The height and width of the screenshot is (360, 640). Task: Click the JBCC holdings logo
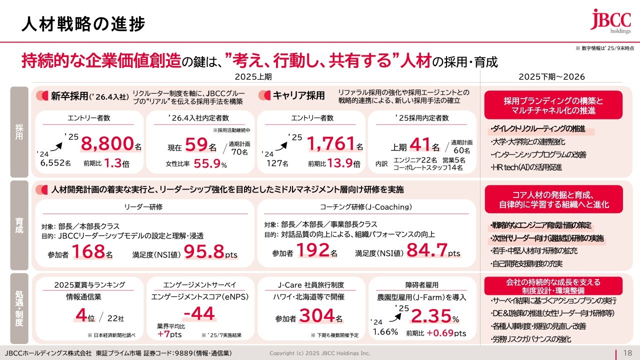click(610, 21)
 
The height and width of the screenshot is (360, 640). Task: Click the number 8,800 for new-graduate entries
click(107, 144)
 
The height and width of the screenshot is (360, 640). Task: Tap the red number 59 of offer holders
click(196, 145)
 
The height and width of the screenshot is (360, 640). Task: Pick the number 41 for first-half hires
click(419, 145)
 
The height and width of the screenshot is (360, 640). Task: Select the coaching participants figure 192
click(313, 250)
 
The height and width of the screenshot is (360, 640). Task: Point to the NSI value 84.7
click(426, 250)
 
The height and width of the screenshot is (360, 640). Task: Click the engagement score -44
click(199, 314)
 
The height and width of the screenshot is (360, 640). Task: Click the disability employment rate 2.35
click(430, 316)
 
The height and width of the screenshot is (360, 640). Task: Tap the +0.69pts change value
click(446, 333)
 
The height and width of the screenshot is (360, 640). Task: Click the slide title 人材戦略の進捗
click(83, 24)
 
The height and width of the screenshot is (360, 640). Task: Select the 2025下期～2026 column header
click(551, 76)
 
